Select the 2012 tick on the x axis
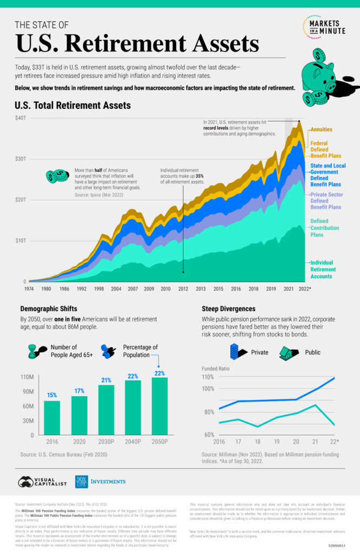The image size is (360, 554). pos(183,289)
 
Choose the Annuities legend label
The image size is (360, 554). pos(321,130)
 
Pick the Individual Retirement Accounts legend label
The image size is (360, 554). pos(323,269)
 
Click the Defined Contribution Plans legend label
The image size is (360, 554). pos(324,228)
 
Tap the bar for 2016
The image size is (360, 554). pos(52,417)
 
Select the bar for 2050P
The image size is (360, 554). pos(159,406)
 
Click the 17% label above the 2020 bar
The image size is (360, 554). pos(79,391)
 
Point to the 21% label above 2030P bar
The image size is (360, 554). pos(106,380)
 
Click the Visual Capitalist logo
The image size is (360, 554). pos(43,482)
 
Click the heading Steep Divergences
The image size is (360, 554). pos(228,308)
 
